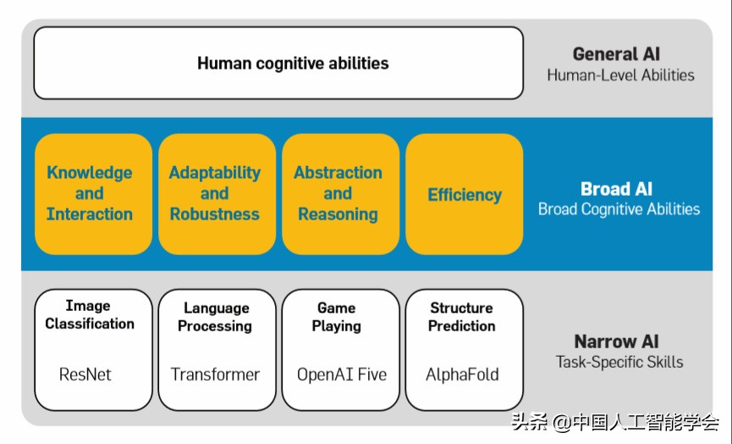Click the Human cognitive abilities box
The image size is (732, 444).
(x=278, y=63)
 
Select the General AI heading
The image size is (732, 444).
(x=616, y=54)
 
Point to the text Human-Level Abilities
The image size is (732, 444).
(x=620, y=75)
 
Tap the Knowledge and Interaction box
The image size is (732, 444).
(x=90, y=193)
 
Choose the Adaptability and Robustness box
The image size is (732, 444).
(x=215, y=193)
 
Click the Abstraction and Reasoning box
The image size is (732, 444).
(x=338, y=193)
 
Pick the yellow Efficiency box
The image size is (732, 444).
(x=464, y=194)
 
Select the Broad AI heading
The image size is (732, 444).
(x=616, y=189)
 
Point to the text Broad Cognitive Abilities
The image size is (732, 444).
(x=619, y=209)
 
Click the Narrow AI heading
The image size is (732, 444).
(x=616, y=341)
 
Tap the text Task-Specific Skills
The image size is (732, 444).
(x=619, y=363)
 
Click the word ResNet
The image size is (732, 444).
(x=85, y=374)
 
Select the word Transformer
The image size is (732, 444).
(x=215, y=374)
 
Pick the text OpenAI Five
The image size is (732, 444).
(x=342, y=374)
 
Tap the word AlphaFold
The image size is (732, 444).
(x=462, y=374)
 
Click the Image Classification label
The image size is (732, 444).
(x=90, y=314)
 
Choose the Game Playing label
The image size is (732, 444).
(x=336, y=317)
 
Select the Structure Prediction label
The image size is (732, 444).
(x=461, y=317)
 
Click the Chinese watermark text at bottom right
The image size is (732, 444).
(x=615, y=421)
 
